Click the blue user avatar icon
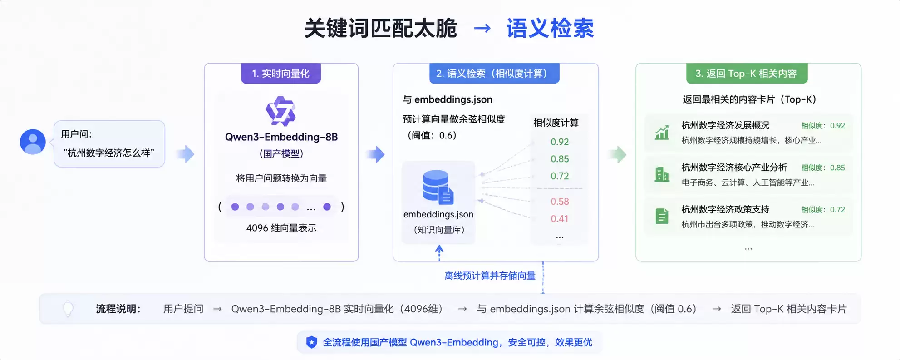point(33,142)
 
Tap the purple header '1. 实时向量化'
point(281,74)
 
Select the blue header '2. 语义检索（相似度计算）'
point(494,74)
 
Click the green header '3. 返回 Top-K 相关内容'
point(747,74)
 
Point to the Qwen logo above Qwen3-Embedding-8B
point(280,111)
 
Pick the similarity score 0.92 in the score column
point(560,142)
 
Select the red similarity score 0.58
point(560,202)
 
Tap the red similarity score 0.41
point(560,219)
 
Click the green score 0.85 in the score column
point(560,159)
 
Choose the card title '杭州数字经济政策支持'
point(725,209)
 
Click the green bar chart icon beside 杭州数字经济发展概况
point(662,133)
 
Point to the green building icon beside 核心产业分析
point(662,174)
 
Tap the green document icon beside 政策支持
point(662,216)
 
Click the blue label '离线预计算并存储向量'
point(490,276)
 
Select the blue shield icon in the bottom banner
point(311,342)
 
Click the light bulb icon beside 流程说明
point(68,309)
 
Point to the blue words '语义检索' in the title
point(550,29)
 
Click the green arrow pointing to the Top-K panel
point(618,155)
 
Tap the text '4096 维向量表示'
point(281,228)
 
